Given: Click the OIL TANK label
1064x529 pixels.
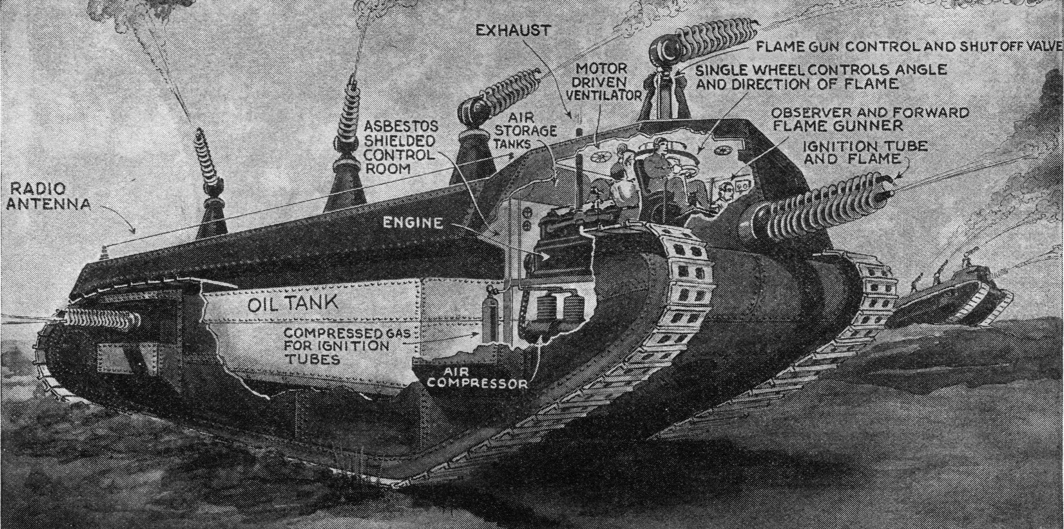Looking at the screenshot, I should pos(292,303).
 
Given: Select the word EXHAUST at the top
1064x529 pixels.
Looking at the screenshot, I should pos(512,31).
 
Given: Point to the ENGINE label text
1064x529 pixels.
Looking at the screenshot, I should pos(413,222).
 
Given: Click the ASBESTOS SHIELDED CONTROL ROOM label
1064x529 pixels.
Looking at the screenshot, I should pos(401,147).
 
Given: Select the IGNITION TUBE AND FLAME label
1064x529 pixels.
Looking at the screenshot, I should pos(864,152).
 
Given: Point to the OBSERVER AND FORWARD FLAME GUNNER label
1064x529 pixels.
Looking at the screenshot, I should pos(870,119).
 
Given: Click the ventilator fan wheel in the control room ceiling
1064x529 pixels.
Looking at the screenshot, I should pos(599,158).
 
